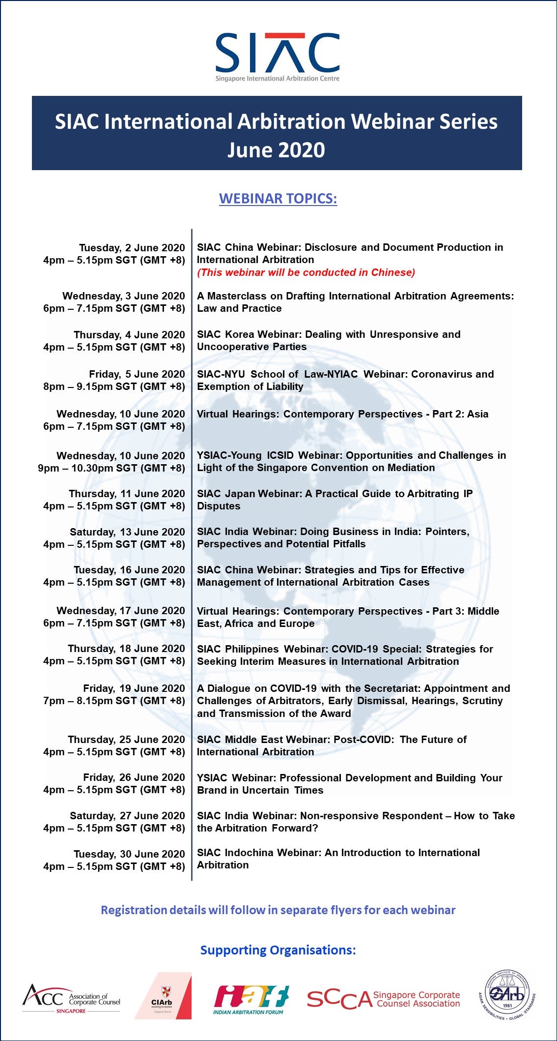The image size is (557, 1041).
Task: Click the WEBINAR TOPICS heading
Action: (278, 199)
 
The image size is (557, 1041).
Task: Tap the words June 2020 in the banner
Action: (276, 150)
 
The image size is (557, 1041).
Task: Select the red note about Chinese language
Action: (306, 272)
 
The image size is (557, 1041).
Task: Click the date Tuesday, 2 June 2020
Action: (132, 248)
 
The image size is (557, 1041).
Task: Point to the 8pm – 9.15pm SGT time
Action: (114, 387)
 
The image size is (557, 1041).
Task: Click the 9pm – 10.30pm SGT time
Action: (111, 468)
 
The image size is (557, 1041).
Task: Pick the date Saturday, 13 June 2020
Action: (127, 532)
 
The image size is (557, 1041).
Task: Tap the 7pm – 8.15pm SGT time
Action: (114, 701)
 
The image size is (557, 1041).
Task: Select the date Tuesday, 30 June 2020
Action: (129, 854)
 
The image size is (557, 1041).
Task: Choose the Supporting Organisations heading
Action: (278, 950)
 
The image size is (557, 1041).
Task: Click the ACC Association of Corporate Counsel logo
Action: (71, 998)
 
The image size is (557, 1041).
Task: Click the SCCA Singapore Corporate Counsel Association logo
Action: (383, 999)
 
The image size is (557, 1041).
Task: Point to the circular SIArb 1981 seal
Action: (507, 995)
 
